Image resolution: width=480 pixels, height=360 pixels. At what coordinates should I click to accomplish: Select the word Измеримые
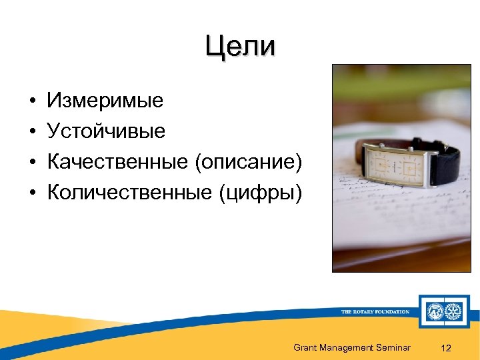tap(105, 101)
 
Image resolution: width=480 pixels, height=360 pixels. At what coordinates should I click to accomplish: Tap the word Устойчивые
tap(106, 131)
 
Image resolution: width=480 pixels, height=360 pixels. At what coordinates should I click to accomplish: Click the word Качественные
tap(117, 162)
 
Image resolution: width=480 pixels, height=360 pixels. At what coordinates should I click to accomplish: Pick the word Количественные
tap(128, 193)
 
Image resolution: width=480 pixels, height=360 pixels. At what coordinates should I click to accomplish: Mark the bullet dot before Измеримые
tap(32, 101)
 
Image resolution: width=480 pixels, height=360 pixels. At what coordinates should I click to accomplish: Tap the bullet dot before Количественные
tap(32, 193)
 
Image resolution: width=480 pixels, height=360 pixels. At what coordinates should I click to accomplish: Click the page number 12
tap(447, 347)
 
